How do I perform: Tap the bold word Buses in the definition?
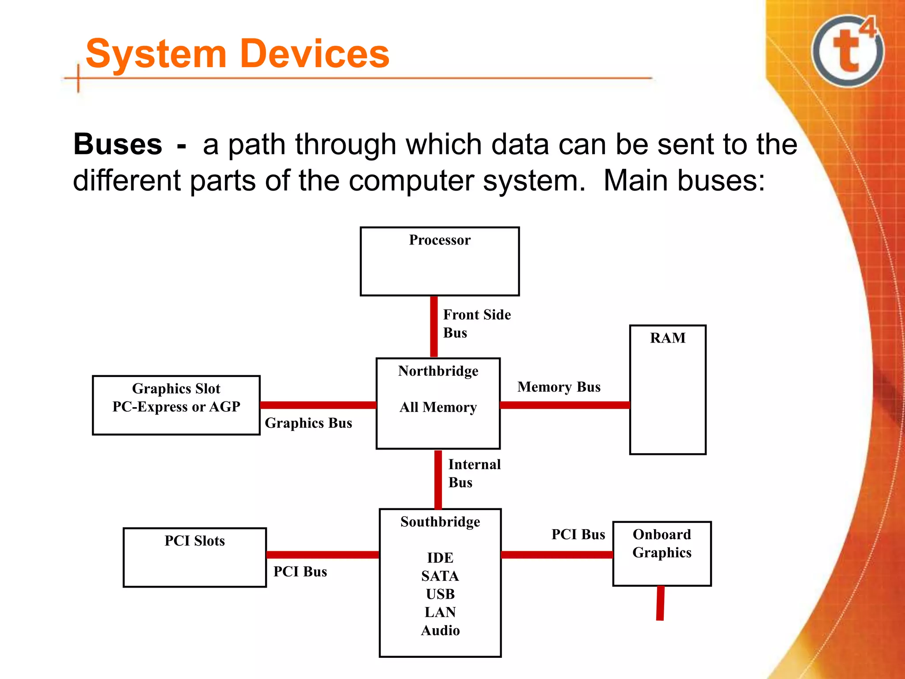tap(118, 144)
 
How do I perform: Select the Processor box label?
tap(440, 240)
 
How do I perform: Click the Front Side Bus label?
tap(476, 323)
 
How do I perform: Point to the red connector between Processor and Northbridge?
tap(434, 326)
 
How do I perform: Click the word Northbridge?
tap(438, 371)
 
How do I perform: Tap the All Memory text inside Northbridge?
tap(438, 407)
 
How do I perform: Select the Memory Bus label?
tap(559, 387)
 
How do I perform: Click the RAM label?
tap(667, 338)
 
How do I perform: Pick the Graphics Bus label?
tap(308, 423)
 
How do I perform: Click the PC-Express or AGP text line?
tap(176, 407)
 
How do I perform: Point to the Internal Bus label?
tap(474, 473)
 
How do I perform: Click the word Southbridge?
tap(440, 522)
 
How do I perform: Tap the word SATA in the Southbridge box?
tap(440, 576)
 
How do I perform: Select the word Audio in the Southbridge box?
tap(440, 630)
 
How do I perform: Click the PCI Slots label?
tap(194, 541)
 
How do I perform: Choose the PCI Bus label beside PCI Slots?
tap(300, 572)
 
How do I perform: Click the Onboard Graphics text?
tap(662, 543)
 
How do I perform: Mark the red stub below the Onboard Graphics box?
tap(660, 603)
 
